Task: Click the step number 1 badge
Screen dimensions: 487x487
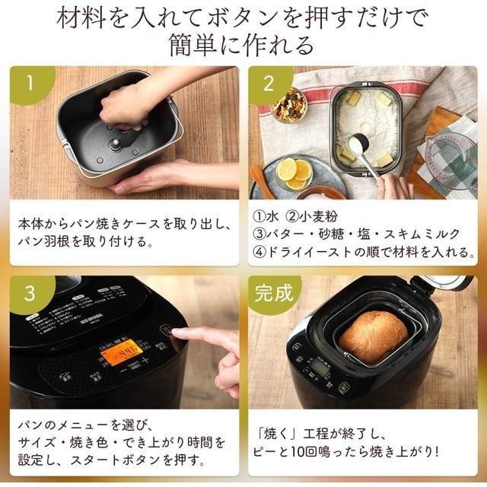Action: coord(27,83)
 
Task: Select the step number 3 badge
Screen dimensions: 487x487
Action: coord(27,293)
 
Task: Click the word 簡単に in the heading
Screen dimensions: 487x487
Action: coord(218,46)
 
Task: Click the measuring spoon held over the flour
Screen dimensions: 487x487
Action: coord(359,145)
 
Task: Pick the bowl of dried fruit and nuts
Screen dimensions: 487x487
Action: coord(289,104)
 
